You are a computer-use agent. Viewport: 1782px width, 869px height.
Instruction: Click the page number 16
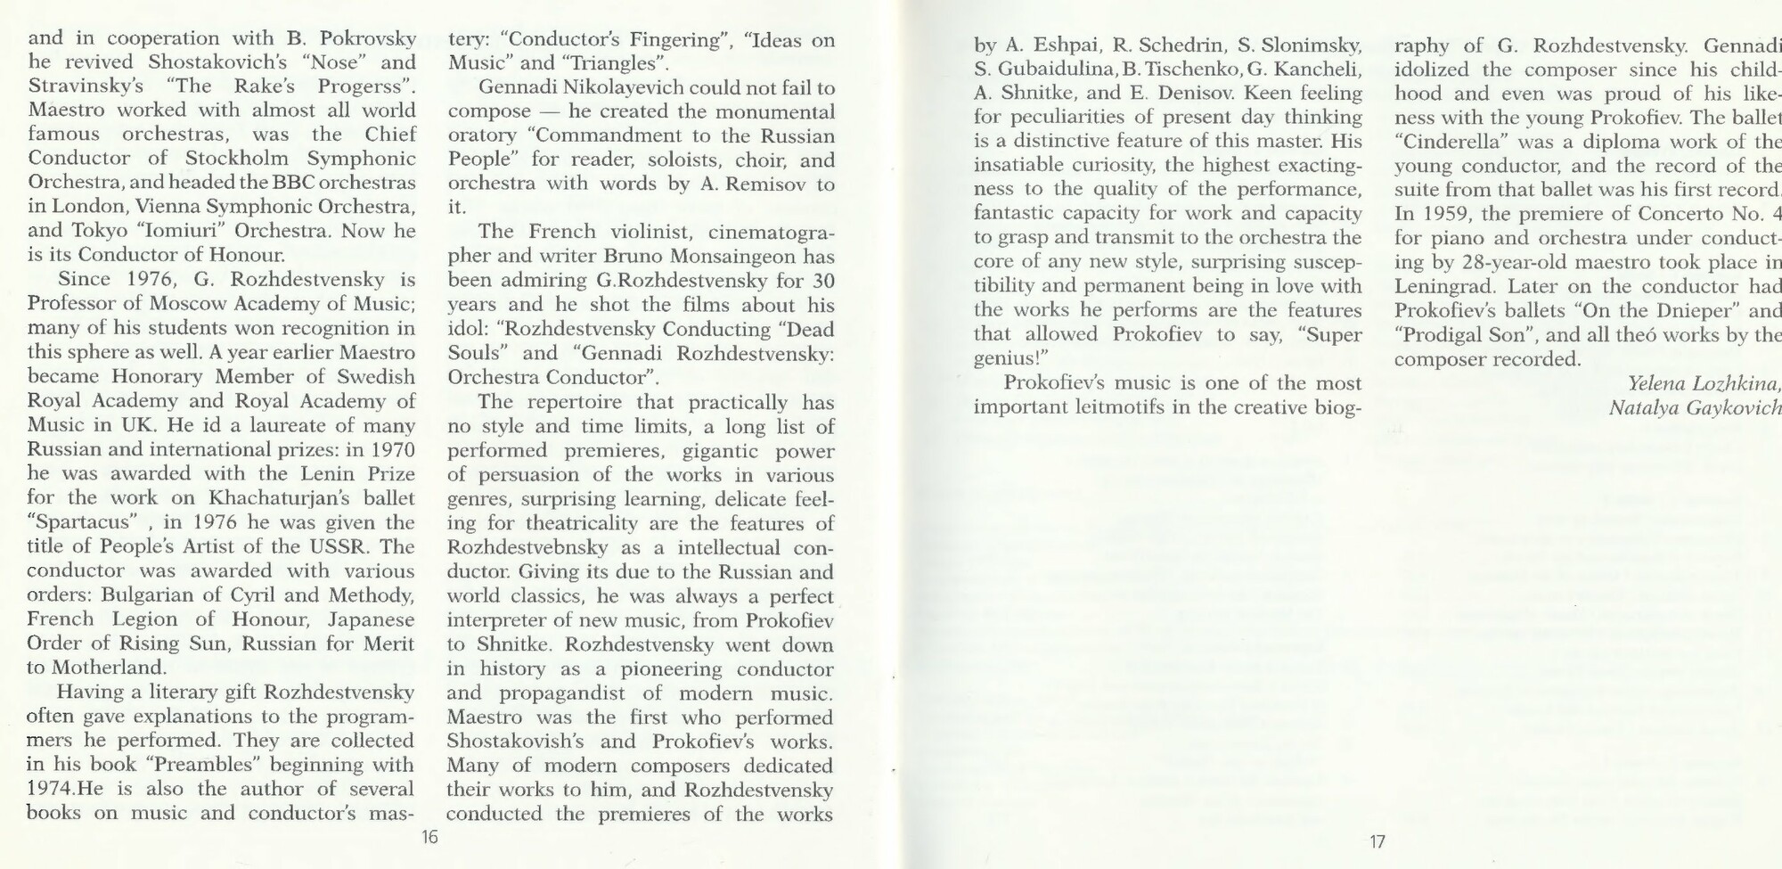pos(429,838)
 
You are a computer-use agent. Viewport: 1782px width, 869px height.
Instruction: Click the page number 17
pos(1377,840)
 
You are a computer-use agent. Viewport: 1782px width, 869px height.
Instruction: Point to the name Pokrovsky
pos(367,38)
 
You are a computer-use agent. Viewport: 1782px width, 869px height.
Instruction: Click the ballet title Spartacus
pos(82,522)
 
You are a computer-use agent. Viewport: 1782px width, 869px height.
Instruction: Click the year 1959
pos(1446,215)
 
